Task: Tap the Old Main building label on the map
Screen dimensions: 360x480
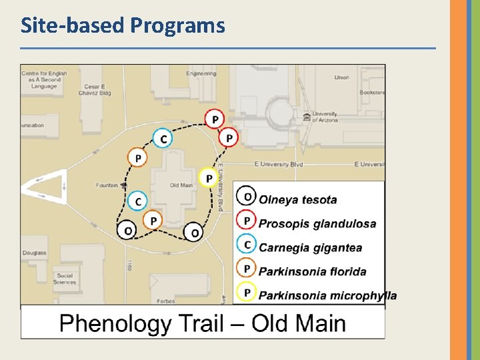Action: (181, 185)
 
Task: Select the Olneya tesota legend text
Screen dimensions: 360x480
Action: (297, 199)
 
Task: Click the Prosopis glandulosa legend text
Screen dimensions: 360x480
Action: (317, 224)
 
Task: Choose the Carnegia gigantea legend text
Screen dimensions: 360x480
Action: (311, 248)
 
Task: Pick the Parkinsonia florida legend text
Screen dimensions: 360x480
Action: (312, 271)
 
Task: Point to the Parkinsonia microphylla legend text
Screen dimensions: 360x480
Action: (327, 295)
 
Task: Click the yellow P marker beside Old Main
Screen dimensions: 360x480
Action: (209, 178)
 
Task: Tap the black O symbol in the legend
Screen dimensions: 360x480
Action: (247, 197)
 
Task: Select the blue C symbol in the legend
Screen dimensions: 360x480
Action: (247, 245)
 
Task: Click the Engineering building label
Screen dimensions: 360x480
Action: (201, 73)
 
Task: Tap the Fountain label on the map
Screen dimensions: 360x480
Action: (107, 185)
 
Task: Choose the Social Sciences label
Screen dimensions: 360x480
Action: (65, 279)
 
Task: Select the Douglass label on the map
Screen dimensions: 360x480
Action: (34, 253)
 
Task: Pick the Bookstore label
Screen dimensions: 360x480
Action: (372, 93)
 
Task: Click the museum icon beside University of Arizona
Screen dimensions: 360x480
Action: (307, 117)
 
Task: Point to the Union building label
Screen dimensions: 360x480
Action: (341, 77)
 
